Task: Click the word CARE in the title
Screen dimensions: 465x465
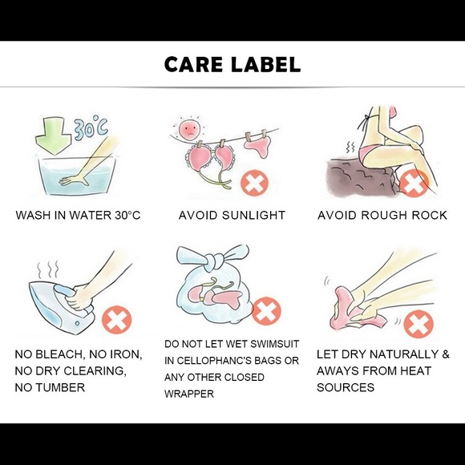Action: pyautogui.click(x=193, y=64)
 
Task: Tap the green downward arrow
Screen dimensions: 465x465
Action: pyautogui.click(x=54, y=135)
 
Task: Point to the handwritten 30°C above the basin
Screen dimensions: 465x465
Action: pyautogui.click(x=91, y=128)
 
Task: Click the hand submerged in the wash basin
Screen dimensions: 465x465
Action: pyautogui.click(x=74, y=180)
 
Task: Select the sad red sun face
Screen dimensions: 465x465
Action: pyautogui.click(x=189, y=129)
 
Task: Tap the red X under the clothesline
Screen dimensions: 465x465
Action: pyautogui.click(x=254, y=184)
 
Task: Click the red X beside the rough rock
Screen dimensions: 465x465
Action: pyautogui.click(x=414, y=184)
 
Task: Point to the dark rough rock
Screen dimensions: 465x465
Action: pyautogui.click(x=359, y=179)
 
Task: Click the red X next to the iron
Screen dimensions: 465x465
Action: pyautogui.click(x=116, y=320)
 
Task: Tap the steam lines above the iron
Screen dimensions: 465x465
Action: pyautogui.click(x=48, y=269)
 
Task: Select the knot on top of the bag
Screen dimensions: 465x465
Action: pyautogui.click(x=214, y=261)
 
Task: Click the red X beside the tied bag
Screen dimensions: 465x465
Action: pyautogui.click(x=266, y=311)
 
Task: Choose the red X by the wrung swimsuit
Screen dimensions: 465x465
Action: pyautogui.click(x=418, y=323)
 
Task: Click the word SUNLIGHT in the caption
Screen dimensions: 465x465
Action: pyautogui.click(x=253, y=215)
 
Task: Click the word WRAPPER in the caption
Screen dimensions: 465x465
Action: pyautogui.click(x=189, y=394)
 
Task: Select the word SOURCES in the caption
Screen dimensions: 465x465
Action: pyautogui.click(x=346, y=387)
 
